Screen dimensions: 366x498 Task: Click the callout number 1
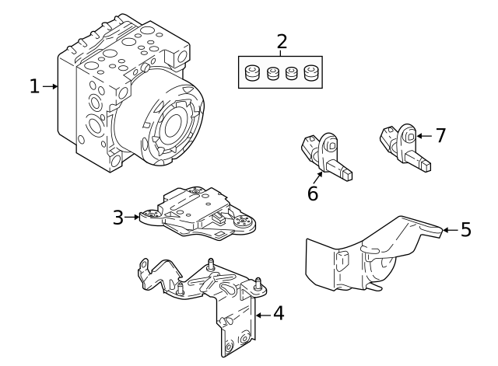pos(33,86)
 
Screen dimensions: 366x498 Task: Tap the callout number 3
pos(117,218)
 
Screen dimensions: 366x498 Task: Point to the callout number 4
pos(278,315)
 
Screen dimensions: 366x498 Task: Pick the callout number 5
pos(465,229)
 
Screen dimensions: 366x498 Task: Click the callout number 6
pos(312,193)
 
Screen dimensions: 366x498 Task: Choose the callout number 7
pos(440,136)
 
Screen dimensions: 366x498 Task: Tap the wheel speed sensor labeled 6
pos(327,155)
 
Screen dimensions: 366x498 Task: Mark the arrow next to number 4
pos(261,315)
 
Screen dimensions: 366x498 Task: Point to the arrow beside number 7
pos(424,136)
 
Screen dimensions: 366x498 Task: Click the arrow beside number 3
pos(132,218)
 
